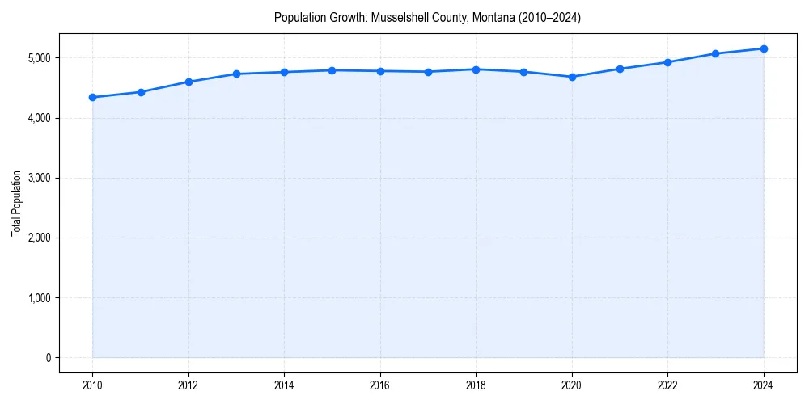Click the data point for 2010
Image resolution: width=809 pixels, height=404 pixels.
tap(92, 98)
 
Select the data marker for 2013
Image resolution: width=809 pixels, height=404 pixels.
tap(236, 74)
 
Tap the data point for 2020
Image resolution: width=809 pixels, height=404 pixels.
tap(572, 77)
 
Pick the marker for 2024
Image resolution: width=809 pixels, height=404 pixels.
tap(764, 48)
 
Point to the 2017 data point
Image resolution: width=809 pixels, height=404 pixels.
tap(428, 72)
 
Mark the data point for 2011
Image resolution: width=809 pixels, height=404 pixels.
tap(141, 92)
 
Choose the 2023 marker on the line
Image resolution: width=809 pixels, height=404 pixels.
tap(716, 53)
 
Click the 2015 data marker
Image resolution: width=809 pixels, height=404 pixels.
tap(332, 70)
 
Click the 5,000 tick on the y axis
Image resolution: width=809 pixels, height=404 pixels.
tap(37, 58)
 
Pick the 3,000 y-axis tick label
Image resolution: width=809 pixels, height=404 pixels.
tap(37, 178)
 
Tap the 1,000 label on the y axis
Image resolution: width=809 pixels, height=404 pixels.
tap(37, 298)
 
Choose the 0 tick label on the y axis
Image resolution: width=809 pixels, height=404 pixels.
tap(48, 358)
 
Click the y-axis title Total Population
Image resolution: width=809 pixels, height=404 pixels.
tap(16, 203)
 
